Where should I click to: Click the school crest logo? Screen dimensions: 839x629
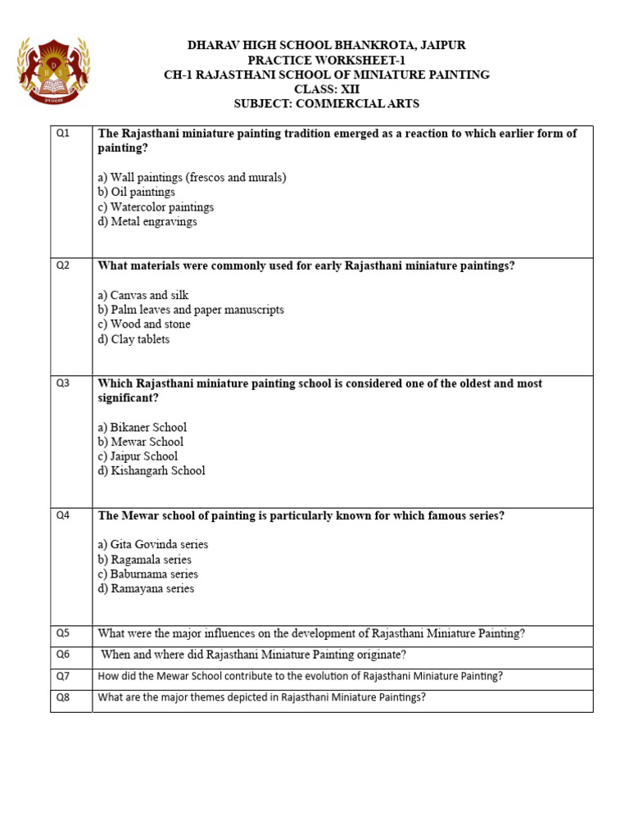53,70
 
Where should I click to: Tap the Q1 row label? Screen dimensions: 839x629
63,133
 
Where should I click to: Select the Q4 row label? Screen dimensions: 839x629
63,515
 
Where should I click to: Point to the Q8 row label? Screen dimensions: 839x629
63,698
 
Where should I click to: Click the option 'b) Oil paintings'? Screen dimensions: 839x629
136,192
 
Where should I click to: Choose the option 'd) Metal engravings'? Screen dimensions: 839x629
147,221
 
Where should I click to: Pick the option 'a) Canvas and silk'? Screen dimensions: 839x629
143,295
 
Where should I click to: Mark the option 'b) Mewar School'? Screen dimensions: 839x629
140,442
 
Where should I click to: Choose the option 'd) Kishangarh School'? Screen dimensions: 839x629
152,471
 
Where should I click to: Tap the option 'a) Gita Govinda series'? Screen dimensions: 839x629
153,545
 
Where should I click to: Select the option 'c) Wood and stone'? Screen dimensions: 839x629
144,324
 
